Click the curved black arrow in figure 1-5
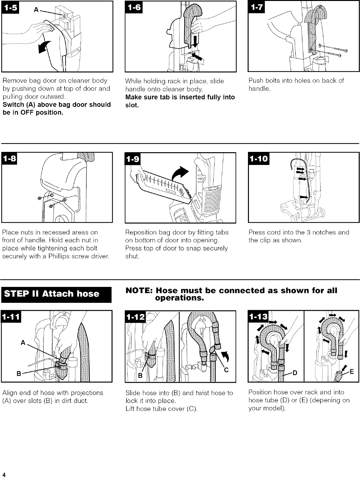[x=44, y=48]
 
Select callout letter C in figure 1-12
[x=226, y=370]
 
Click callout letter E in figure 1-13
[x=352, y=370]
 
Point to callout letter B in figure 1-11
[x=19, y=374]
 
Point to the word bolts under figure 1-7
[x=273, y=81]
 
